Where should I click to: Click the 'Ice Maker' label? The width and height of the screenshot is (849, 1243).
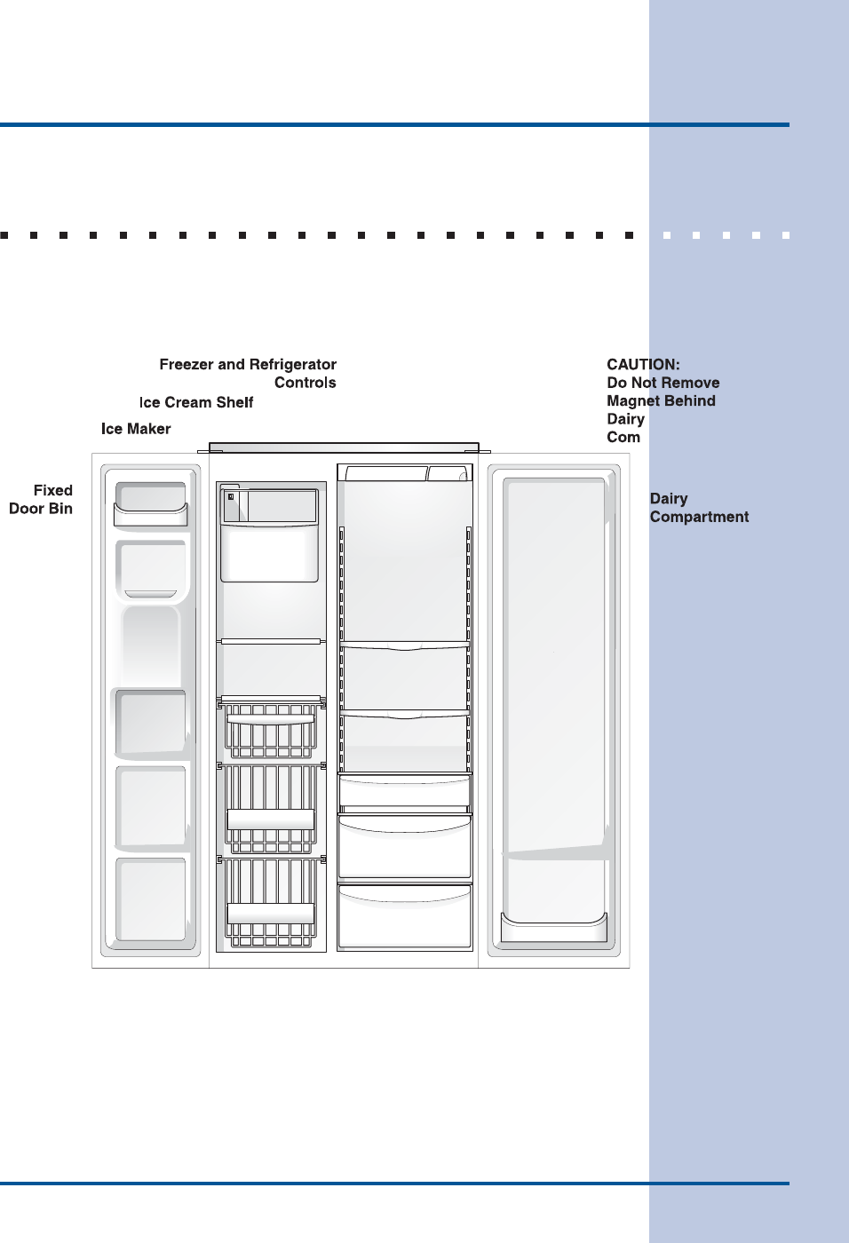tap(136, 429)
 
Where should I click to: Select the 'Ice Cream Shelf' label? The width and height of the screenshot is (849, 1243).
tap(196, 402)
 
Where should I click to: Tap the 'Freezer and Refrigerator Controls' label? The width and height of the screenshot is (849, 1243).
tap(248, 373)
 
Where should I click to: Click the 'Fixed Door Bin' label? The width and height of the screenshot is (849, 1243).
tap(41, 499)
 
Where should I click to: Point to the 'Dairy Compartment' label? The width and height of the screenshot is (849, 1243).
tap(699, 508)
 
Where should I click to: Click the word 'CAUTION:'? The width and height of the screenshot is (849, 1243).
tap(643, 364)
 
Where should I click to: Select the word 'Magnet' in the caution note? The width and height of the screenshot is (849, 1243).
tap(634, 400)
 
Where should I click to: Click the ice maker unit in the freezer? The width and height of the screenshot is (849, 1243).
tap(269, 534)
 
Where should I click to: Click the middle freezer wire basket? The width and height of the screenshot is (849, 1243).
tap(271, 808)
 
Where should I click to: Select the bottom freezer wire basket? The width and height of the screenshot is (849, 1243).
tap(271, 901)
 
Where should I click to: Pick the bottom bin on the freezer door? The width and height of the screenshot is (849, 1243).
tap(151, 899)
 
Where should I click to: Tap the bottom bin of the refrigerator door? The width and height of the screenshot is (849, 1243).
tap(554, 928)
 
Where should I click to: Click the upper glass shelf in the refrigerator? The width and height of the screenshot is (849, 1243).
tap(405, 645)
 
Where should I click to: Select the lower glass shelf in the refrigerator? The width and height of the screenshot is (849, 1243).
tap(405, 713)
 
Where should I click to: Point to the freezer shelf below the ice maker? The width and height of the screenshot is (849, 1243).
tap(271, 641)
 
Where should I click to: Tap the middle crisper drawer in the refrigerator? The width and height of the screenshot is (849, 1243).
tap(404, 848)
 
